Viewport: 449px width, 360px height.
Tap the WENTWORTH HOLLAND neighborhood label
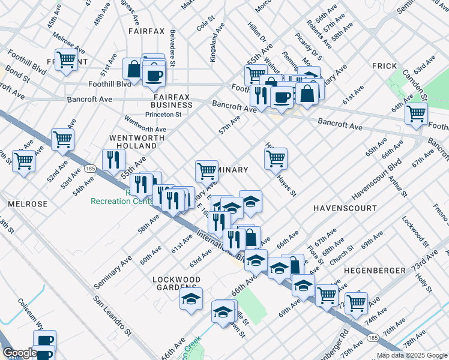tap(133, 142)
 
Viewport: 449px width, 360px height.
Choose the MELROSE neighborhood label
tap(28, 204)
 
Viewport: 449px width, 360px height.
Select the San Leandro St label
tap(112, 315)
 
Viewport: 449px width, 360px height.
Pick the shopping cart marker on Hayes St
tap(276, 158)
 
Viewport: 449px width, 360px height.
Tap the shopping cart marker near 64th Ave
tap(416, 113)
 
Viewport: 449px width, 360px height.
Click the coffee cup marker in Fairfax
tap(155, 76)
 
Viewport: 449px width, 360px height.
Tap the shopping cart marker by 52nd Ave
tap(62, 139)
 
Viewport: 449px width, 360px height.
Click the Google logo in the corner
tap(20, 353)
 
